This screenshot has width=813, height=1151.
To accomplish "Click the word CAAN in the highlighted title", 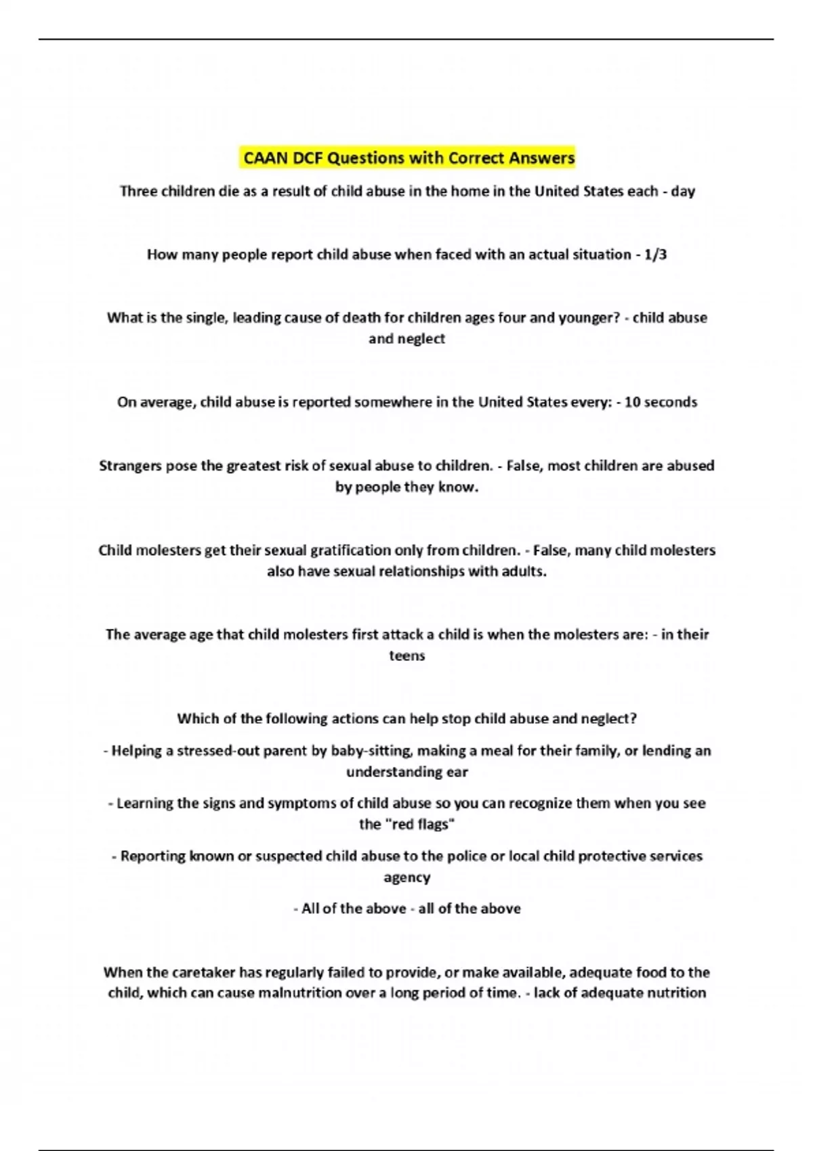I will coord(266,158).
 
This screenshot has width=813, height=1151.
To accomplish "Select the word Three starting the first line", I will coord(140,192).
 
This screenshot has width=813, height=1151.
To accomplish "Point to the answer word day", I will coord(683,192).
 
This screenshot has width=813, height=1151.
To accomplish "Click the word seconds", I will coord(671,402).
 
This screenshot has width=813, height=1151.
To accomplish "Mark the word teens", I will coord(406,655).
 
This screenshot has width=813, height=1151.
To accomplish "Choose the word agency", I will coord(406,877).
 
